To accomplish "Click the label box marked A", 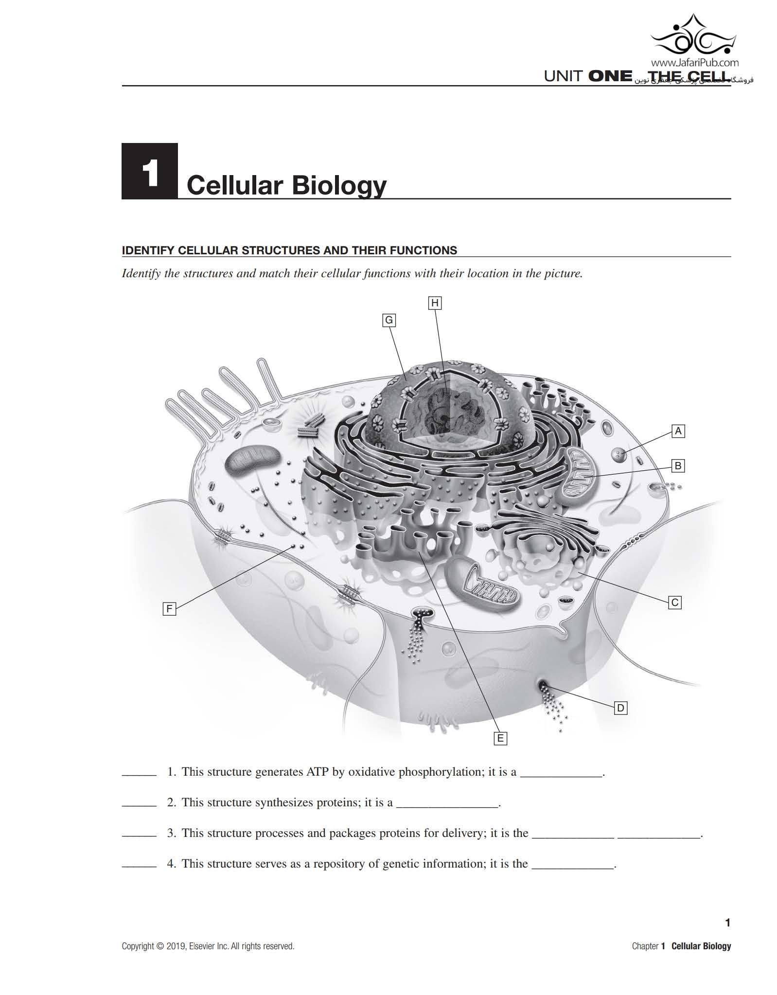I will pyautogui.click(x=678, y=431).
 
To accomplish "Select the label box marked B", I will pyautogui.click(x=678, y=466).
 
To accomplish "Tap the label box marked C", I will pyautogui.click(x=675, y=603).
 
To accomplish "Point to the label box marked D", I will pyautogui.click(x=620, y=708).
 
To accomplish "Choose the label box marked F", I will pyautogui.click(x=169, y=608).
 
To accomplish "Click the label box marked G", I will pyautogui.click(x=388, y=320).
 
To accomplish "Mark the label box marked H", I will pyautogui.click(x=435, y=303).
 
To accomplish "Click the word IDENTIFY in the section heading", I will pyautogui.click(x=148, y=250).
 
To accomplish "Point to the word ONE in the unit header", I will pyautogui.click(x=610, y=77).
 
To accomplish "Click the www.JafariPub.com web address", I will pyautogui.click(x=695, y=62).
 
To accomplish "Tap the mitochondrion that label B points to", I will pyautogui.click(x=579, y=477).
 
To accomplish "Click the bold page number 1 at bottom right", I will pyautogui.click(x=727, y=923).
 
